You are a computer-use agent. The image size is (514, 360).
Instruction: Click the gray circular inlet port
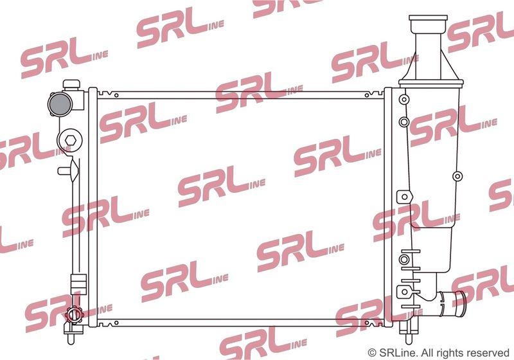[x=60, y=104]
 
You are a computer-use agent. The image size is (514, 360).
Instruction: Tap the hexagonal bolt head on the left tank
[x=70, y=140]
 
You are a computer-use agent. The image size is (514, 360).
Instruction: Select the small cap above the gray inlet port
[x=71, y=84]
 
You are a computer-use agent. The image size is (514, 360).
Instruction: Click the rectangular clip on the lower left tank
[x=78, y=285]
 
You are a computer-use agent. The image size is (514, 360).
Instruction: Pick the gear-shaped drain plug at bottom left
[x=74, y=315]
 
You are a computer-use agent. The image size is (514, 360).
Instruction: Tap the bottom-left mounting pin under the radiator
[x=71, y=338]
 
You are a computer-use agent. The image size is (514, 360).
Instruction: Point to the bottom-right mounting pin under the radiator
[x=409, y=337]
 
